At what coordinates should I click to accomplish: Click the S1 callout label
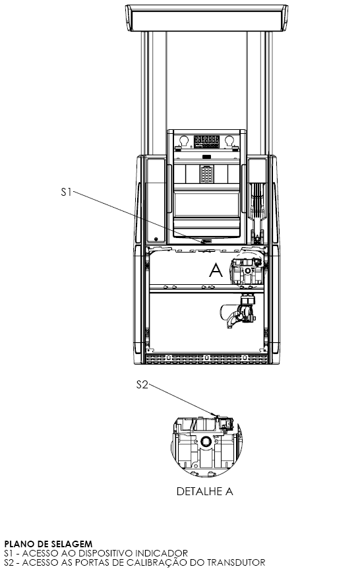66,192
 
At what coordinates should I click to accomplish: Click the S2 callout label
142,384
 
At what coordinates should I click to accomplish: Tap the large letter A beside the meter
216,270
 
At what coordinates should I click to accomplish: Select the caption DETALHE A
204,491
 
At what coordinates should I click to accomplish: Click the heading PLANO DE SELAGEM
48,544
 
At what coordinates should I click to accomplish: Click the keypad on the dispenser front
207,175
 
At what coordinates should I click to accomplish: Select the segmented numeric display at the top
206,142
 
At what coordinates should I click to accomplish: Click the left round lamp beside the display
184,140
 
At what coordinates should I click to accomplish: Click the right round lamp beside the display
229,140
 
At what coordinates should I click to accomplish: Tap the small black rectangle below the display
207,157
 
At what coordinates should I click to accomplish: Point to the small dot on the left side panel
156,239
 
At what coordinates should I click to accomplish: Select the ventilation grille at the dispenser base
206,358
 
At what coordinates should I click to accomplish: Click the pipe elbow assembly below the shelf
239,312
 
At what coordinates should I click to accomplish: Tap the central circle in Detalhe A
206,442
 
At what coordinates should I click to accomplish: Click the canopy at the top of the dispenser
207,18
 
